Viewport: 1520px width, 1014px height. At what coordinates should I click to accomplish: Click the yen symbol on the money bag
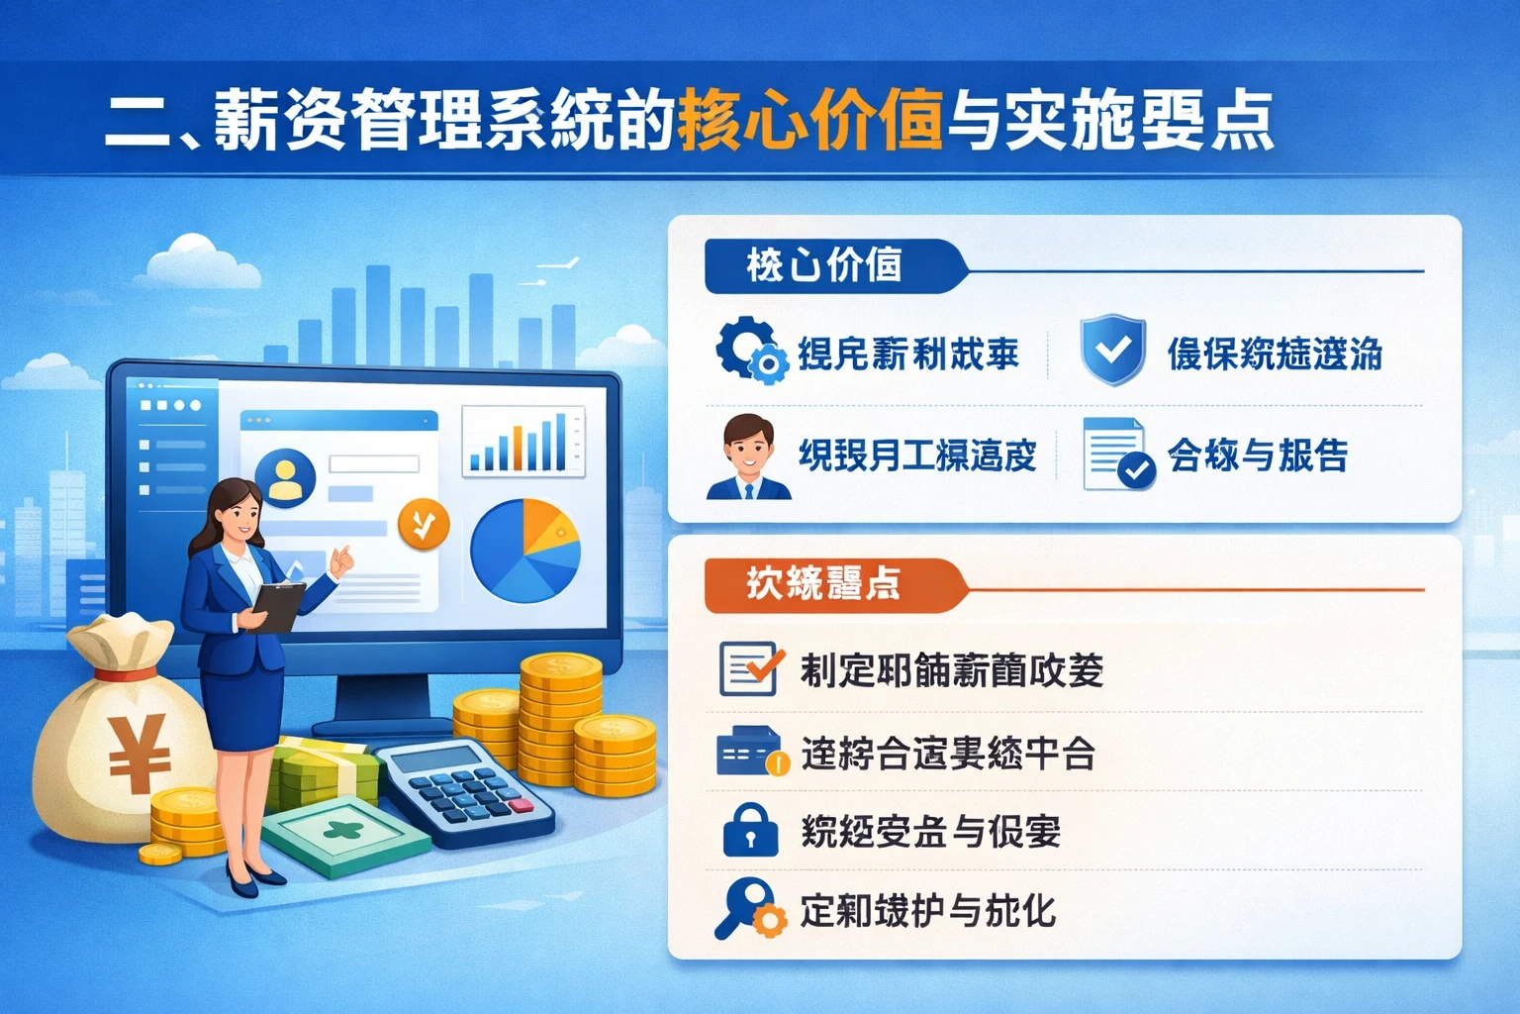coord(140,753)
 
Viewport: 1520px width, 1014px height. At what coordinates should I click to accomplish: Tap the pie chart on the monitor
coord(524,551)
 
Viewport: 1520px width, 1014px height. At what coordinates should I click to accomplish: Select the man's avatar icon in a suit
coord(748,456)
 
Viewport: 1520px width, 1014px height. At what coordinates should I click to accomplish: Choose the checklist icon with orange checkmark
coord(750,668)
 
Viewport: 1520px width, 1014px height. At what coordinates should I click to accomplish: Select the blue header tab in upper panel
coord(827,265)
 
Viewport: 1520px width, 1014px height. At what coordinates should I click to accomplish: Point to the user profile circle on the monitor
coord(285,477)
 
